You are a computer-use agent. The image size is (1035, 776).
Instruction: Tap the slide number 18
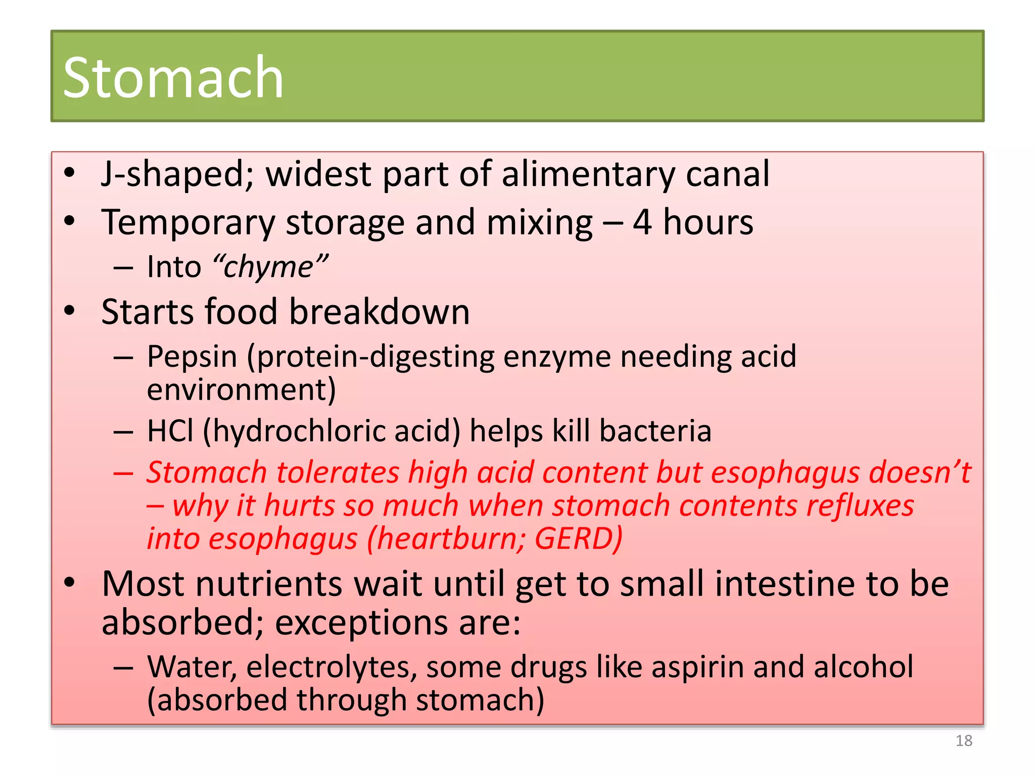pyautogui.click(x=964, y=741)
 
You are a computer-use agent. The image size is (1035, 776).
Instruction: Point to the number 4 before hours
pyautogui.click(x=642, y=222)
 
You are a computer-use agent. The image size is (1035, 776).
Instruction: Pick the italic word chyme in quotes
pyautogui.click(x=269, y=267)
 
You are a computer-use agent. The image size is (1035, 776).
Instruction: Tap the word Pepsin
pyautogui.click(x=192, y=357)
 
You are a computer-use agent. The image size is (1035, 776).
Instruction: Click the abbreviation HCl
pyautogui.click(x=170, y=431)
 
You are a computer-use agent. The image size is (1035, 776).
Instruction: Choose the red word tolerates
pyautogui.click(x=338, y=473)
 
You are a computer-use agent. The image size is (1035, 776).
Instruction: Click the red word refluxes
pyautogui.click(x=860, y=506)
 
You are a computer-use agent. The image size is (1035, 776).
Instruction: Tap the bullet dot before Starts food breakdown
pyautogui.click(x=70, y=311)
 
